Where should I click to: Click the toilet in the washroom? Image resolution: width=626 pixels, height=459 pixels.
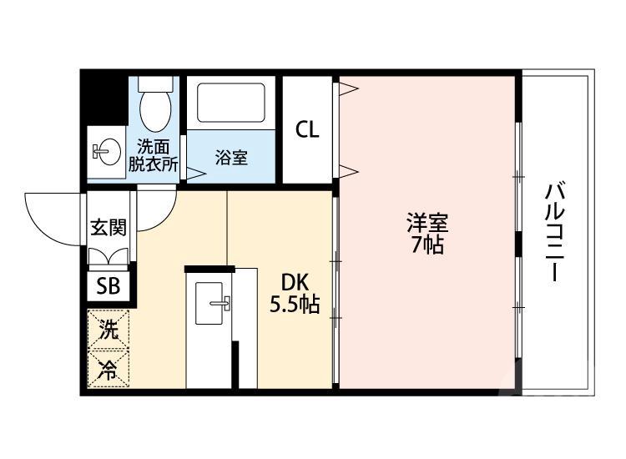(154, 108)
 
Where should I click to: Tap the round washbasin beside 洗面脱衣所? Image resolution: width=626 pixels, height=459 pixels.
(104, 151)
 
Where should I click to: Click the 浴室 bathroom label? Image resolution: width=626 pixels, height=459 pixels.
(231, 157)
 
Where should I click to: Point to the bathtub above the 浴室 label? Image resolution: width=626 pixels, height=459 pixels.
(231, 103)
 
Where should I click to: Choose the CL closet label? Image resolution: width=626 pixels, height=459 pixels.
(307, 129)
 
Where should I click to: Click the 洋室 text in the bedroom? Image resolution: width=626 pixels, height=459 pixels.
(427, 224)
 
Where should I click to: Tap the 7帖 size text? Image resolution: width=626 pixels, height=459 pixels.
(427, 245)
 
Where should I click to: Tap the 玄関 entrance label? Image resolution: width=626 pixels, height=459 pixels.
(109, 227)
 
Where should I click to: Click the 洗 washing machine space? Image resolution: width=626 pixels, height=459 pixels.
(109, 329)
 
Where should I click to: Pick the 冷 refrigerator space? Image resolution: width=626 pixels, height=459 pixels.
(109, 368)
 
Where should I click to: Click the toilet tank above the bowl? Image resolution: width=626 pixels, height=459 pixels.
(154, 83)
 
